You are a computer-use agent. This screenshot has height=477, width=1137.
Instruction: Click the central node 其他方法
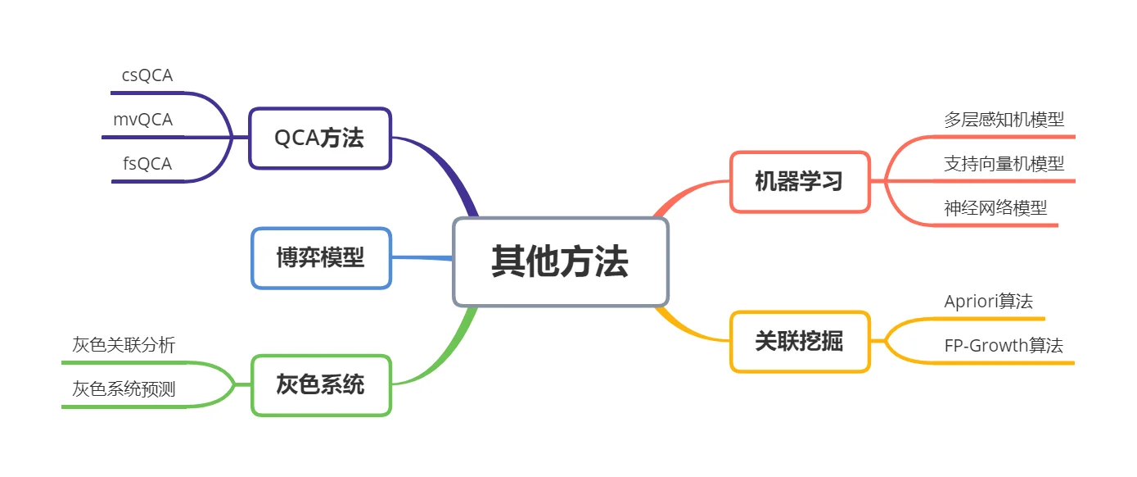(561, 262)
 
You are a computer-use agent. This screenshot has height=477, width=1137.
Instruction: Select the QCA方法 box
(320, 139)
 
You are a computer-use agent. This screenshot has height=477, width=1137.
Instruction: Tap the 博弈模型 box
(321, 258)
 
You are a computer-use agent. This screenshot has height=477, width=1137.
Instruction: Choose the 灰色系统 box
(321, 384)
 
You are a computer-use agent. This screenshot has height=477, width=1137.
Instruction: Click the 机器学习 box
(799, 182)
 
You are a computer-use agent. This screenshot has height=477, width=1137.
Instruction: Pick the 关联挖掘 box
(799, 342)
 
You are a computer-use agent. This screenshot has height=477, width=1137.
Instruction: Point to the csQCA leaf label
(147, 75)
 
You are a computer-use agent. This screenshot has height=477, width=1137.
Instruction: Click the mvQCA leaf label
(143, 120)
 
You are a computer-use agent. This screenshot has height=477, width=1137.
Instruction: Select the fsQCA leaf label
(147, 164)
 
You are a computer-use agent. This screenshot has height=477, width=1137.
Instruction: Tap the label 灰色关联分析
(124, 345)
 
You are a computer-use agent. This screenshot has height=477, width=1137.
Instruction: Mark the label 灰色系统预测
(124, 388)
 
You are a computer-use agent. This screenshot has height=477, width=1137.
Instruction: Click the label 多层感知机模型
(1004, 120)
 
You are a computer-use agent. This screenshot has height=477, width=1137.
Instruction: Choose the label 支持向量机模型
(1004, 164)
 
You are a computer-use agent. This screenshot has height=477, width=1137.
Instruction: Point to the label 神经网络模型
(995, 208)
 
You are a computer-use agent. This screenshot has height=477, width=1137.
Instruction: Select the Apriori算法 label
(988, 302)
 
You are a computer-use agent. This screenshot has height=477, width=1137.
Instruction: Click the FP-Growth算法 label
(1004, 346)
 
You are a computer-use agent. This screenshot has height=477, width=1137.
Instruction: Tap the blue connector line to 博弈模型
(422, 258)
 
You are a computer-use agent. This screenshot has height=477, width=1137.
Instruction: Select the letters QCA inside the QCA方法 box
(296, 139)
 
